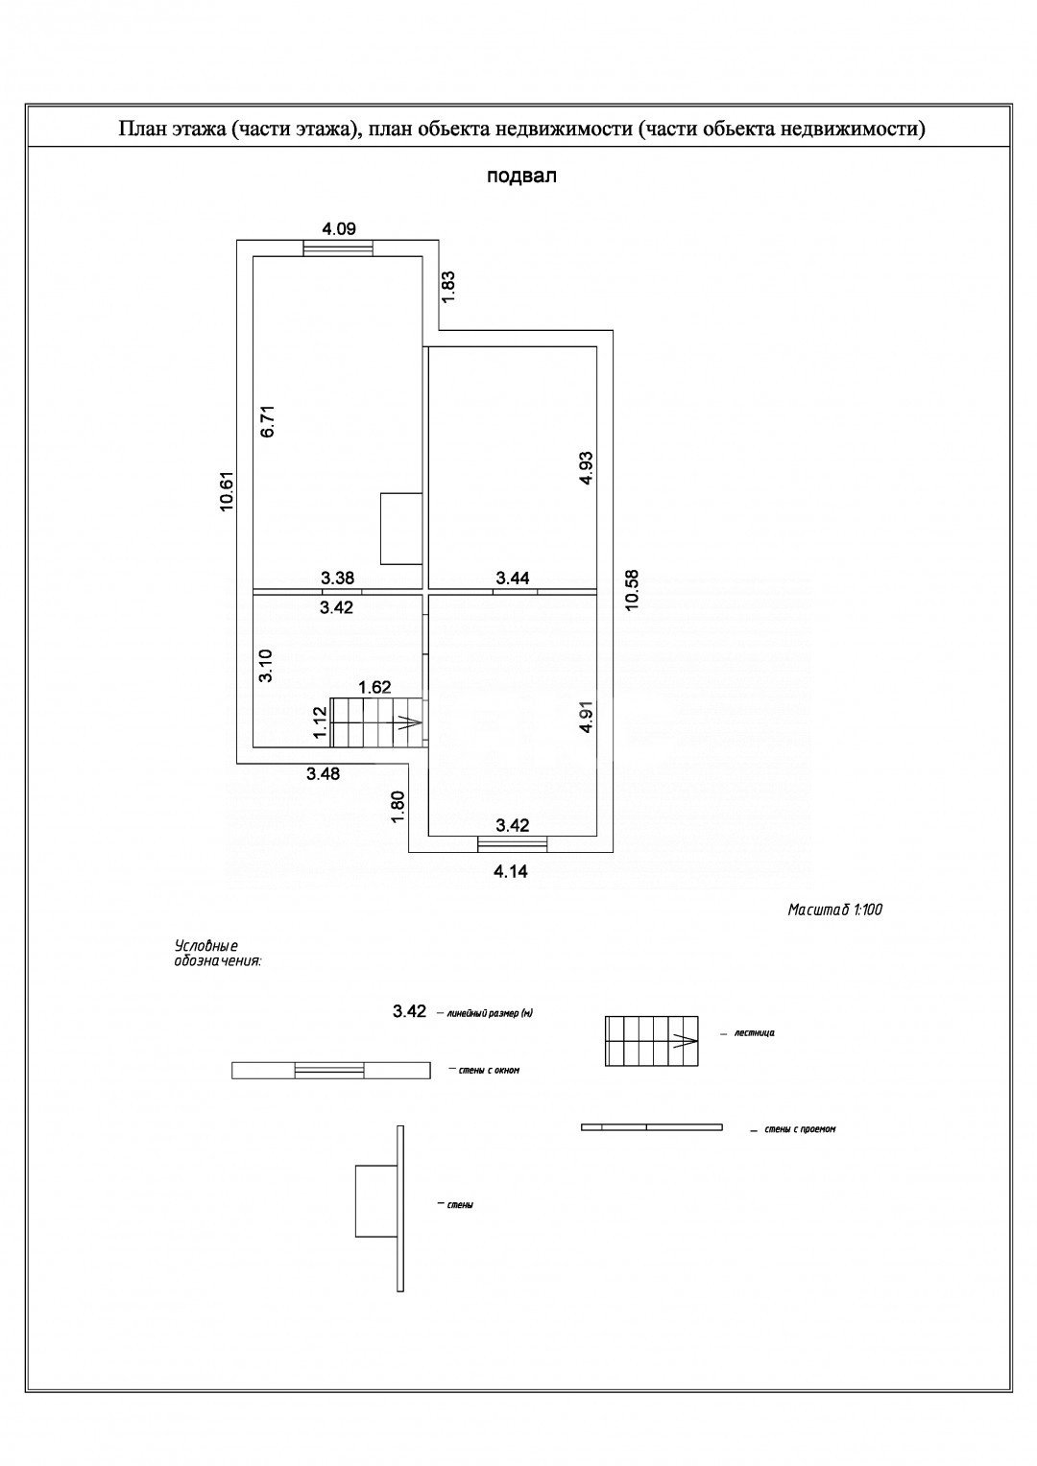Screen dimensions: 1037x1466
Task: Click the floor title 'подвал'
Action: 521,177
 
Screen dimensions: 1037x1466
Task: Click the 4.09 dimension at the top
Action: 339,228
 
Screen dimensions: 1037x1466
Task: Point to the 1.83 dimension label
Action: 448,287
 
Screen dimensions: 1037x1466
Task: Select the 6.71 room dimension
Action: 269,422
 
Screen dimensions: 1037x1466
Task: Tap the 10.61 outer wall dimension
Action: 227,491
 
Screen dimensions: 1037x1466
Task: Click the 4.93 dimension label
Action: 587,467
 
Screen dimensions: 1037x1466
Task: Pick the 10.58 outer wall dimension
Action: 632,590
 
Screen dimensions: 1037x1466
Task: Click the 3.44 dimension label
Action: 513,578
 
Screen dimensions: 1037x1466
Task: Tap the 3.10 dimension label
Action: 265,666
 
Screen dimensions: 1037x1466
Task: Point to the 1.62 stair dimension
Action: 374,687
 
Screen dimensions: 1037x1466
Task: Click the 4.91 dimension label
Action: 587,717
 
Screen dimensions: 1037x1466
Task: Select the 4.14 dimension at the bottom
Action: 510,871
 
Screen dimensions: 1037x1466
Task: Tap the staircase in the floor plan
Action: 378,722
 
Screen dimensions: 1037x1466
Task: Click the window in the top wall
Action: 338,248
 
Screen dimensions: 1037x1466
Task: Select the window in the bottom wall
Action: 513,843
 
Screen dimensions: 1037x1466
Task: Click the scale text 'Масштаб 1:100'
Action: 835,910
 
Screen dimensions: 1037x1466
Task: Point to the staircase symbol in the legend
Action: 651,1041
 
